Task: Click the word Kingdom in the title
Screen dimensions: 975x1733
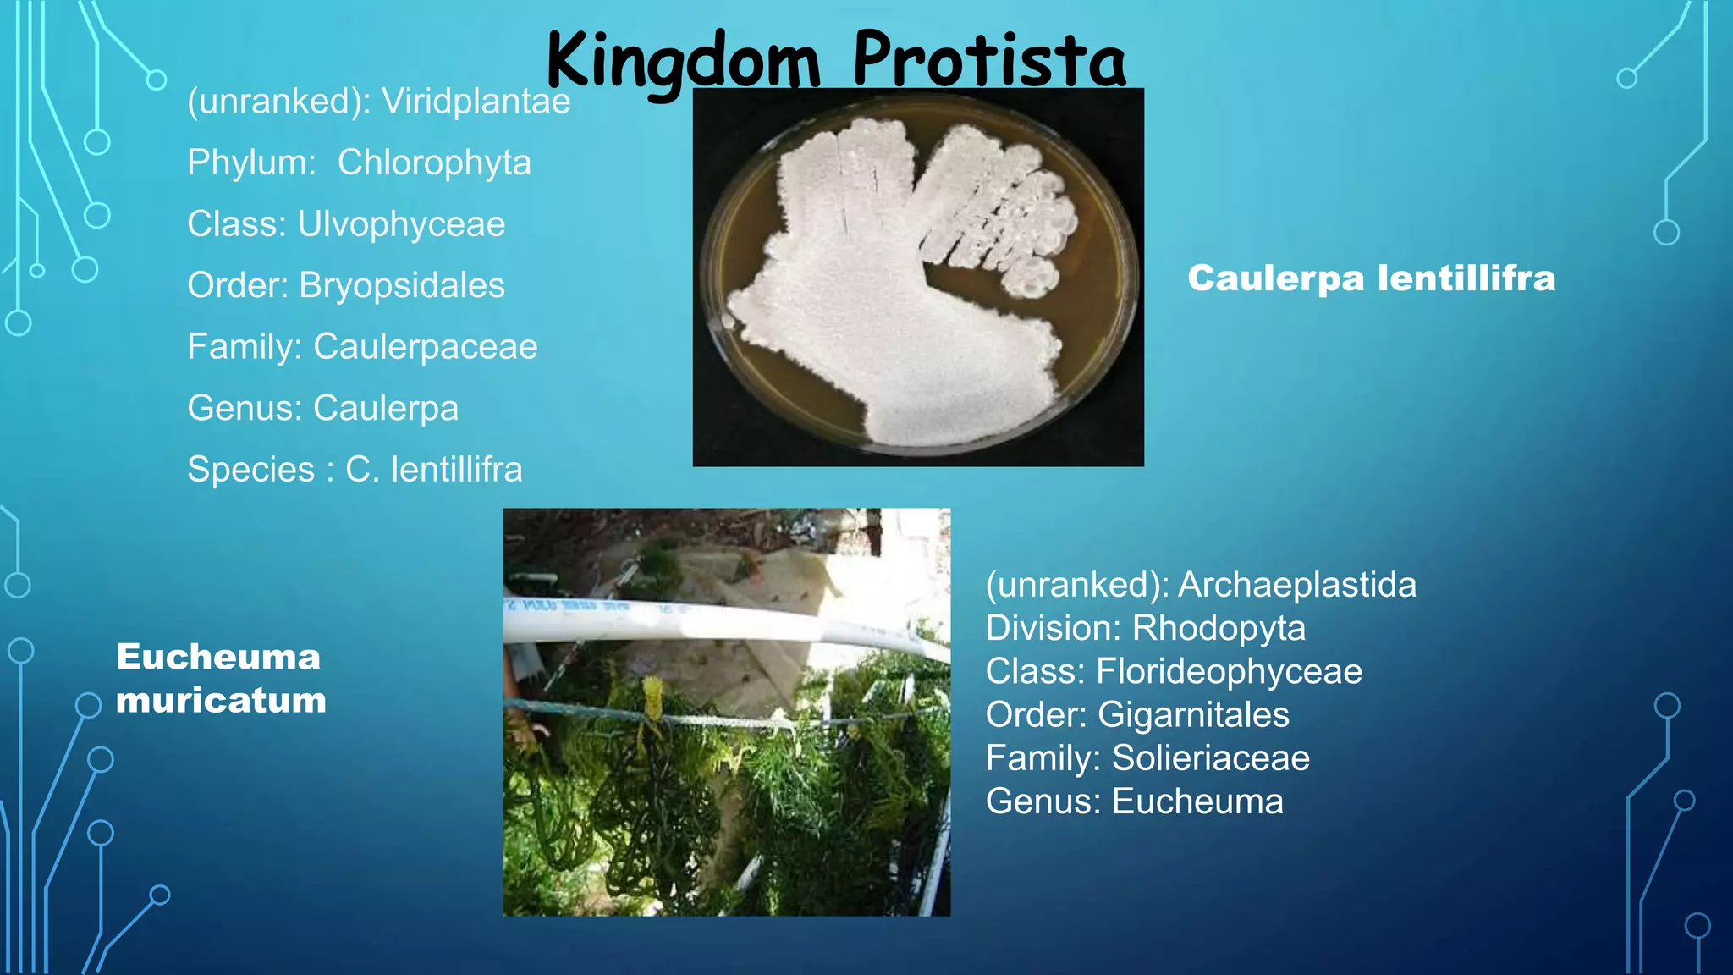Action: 683,61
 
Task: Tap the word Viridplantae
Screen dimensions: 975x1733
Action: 476,102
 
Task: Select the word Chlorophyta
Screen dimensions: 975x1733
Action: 434,162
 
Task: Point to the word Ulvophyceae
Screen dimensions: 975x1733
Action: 401,224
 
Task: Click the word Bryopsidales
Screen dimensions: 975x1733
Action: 402,285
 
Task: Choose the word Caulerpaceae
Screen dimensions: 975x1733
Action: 425,347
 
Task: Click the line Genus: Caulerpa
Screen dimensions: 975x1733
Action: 322,408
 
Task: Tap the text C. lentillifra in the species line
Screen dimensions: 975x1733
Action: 433,470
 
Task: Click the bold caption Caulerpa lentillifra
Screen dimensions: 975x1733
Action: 1371,278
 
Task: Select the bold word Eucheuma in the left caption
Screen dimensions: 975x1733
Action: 218,657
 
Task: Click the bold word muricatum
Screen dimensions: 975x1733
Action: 221,701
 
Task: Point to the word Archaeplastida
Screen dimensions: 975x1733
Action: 1296,585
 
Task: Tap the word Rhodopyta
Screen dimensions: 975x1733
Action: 1219,628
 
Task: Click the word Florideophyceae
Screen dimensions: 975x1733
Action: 1229,671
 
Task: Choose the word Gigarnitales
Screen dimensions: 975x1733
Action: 1193,715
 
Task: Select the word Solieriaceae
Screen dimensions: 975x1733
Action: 1210,758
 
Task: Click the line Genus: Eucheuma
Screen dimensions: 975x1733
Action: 1134,801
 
